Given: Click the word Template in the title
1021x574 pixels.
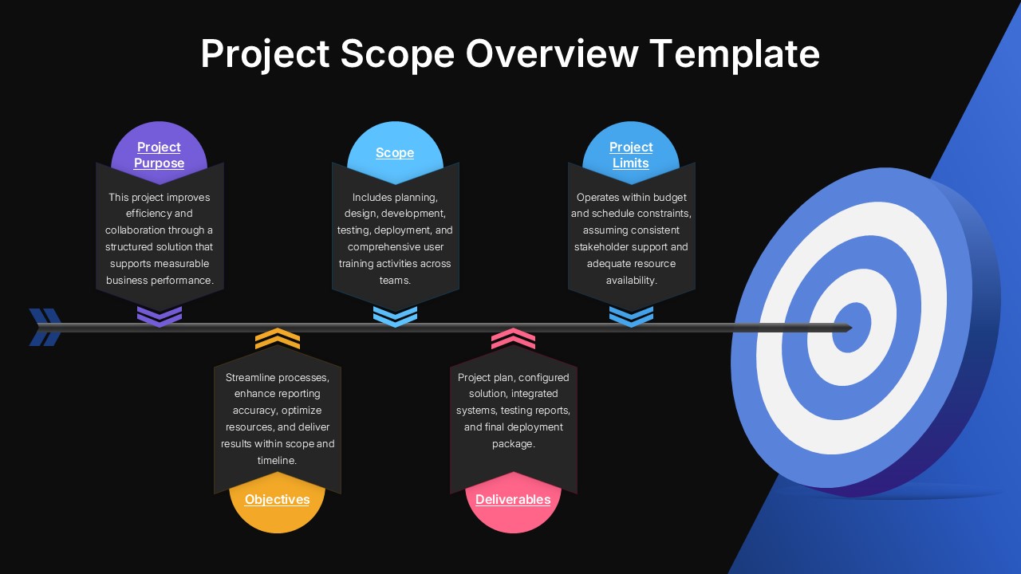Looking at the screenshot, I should (735, 54).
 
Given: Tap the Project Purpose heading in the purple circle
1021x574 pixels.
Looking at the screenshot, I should (159, 155).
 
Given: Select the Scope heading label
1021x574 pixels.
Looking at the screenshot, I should (395, 152).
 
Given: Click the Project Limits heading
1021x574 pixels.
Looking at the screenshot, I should (631, 155).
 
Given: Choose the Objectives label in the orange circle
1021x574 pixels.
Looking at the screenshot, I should (277, 500).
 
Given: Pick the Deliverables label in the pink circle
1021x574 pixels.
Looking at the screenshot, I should (513, 500).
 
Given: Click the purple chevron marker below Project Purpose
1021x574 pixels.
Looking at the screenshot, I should (160, 316).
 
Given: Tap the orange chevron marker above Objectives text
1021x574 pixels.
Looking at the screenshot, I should (278, 339).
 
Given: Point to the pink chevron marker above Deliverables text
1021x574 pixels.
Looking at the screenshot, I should (513, 339).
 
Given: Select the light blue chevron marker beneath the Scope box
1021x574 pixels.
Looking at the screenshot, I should (395, 316).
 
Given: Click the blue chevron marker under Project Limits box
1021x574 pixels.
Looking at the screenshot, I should (631, 316).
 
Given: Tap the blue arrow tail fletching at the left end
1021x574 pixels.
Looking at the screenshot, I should (45, 327).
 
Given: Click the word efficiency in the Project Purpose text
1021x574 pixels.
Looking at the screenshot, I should (148, 214).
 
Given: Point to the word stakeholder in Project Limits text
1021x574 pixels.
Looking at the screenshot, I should (604, 247).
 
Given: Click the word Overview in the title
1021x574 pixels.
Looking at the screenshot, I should (552, 54).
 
